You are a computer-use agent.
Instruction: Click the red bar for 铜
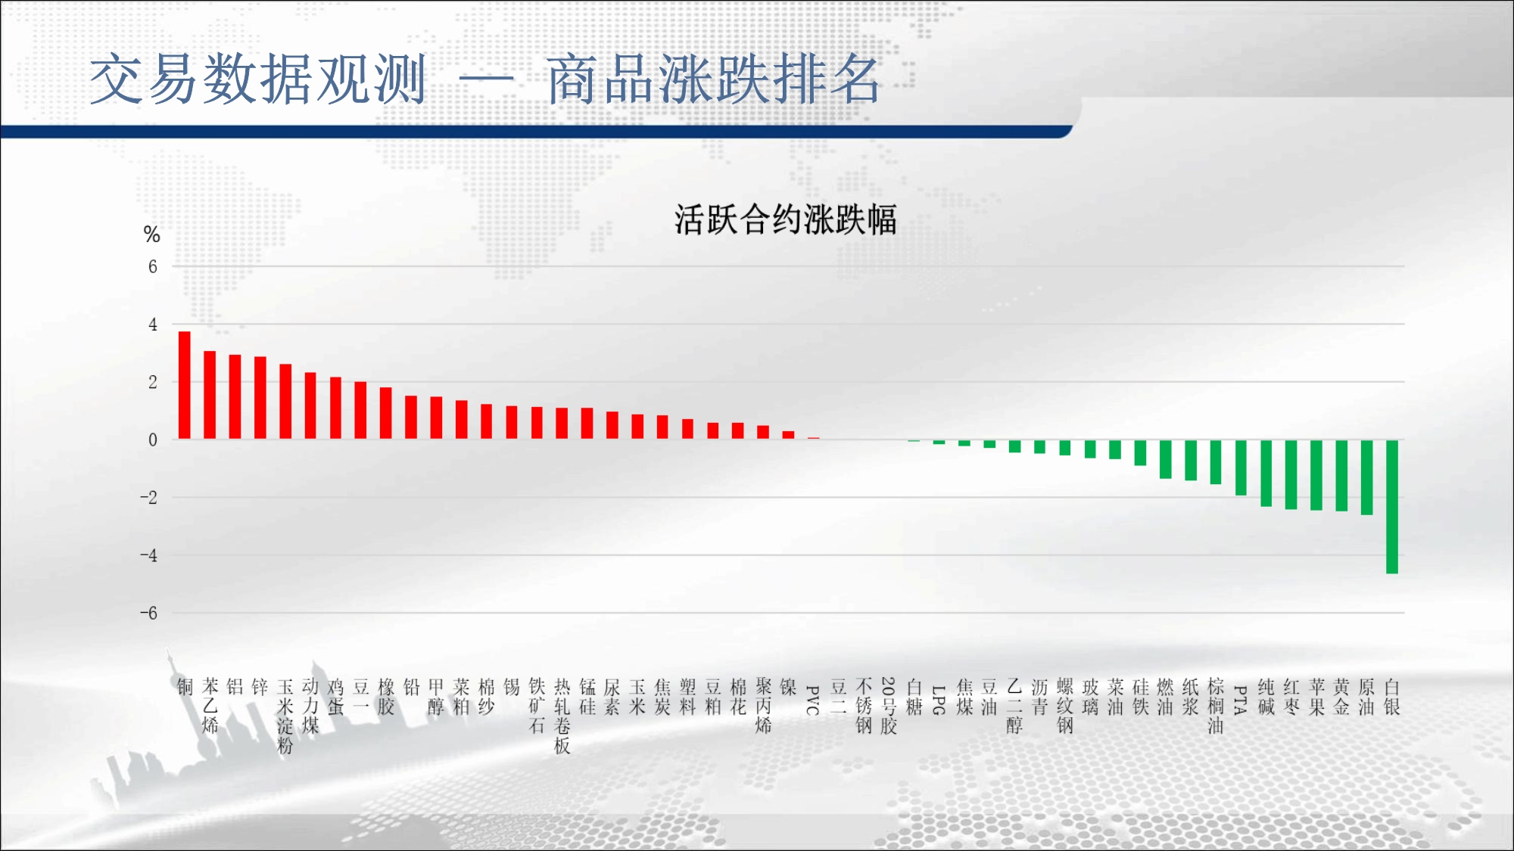click(185, 385)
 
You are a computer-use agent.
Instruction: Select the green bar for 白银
click(1391, 507)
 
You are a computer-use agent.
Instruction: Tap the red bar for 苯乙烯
click(210, 395)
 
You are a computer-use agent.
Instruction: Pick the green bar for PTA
click(1241, 467)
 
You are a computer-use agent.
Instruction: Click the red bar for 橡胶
click(386, 413)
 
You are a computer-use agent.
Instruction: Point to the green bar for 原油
click(1366, 477)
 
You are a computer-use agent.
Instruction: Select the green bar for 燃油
click(1166, 459)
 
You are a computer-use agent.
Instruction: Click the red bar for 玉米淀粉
click(285, 402)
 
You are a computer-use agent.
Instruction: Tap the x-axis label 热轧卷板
click(562, 716)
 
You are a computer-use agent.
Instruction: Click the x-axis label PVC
click(813, 700)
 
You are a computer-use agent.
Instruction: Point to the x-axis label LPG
click(939, 700)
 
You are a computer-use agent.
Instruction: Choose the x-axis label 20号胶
click(889, 706)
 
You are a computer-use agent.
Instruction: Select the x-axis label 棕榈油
click(1216, 706)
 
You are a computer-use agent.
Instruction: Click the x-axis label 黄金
click(1341, 697)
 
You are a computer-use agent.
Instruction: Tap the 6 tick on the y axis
click(153, 266)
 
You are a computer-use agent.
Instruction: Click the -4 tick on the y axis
click(149, 555)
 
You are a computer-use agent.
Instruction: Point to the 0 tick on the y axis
click(153, 439)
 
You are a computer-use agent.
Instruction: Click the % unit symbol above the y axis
click(151, 234)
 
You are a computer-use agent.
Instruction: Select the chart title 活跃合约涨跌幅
click(785, 220)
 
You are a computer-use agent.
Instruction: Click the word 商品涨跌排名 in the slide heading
click(713, 79)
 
